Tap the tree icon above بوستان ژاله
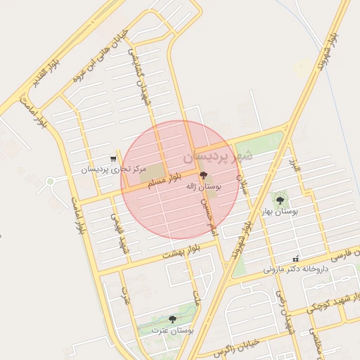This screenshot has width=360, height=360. [x=204, y=176]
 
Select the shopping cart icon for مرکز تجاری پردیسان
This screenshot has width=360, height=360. [x=113, y=159]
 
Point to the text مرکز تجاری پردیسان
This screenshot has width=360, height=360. [x=113, y=169]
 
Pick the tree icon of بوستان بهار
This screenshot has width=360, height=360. [x=280, y=200]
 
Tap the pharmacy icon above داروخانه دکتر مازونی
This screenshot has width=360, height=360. [x=295, y=258]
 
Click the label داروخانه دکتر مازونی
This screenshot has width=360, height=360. [x=295, y=269]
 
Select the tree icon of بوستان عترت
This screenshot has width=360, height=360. [x=173, y=319]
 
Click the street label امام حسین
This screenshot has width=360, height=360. [x=210, y=215]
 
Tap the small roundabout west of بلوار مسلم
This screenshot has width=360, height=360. [x=50, y=181]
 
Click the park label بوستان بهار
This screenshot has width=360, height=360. [x=280, y=211]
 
